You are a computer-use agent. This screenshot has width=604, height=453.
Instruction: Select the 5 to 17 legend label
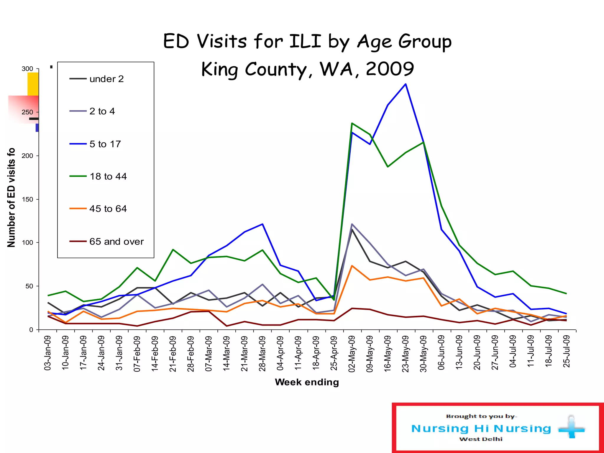105,144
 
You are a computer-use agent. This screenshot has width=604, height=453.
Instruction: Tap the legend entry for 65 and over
116,242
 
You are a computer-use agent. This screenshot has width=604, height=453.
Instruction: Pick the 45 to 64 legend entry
108,209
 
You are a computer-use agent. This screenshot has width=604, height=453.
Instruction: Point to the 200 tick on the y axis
27,156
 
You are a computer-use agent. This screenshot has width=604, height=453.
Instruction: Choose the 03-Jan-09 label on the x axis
48,353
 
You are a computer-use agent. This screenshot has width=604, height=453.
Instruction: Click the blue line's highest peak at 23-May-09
406,84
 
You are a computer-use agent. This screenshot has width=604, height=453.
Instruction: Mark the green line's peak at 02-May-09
352,123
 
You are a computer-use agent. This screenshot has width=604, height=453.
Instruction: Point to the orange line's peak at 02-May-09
352,266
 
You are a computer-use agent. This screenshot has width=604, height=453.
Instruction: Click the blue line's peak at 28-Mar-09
262,224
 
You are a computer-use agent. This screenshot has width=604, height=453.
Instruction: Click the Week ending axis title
307,382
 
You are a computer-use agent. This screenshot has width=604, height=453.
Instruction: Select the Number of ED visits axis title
11,198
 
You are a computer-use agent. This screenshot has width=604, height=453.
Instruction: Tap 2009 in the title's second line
390,69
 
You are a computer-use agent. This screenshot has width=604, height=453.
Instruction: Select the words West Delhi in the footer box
481,439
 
